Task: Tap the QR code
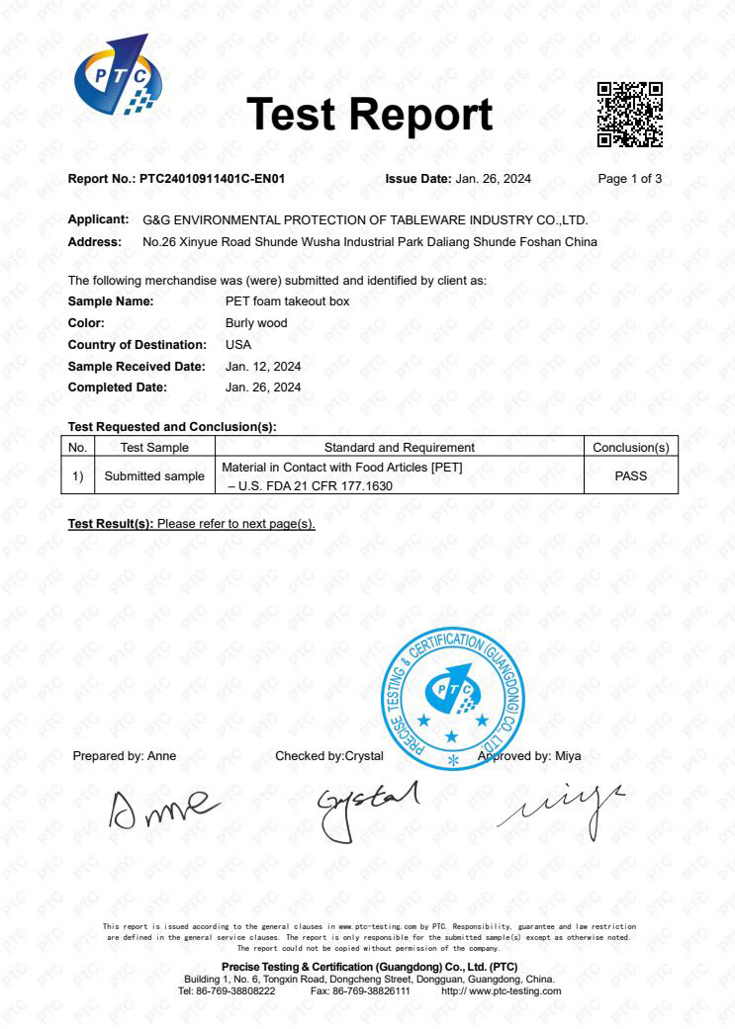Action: tap(629, 115)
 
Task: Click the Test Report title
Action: tap(369, 115)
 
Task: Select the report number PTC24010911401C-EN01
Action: tap(212, 179)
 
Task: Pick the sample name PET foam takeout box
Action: tap(287, 301)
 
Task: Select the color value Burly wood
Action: tap(256, 323)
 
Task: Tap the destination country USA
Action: tap(238, 345)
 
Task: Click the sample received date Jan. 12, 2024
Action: tap(263, 367)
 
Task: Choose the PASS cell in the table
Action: tap(630, 475)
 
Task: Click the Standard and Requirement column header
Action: tap(399, 448)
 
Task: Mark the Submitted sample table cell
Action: tap(154, 475)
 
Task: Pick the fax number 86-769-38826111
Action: tap(375, 990)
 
